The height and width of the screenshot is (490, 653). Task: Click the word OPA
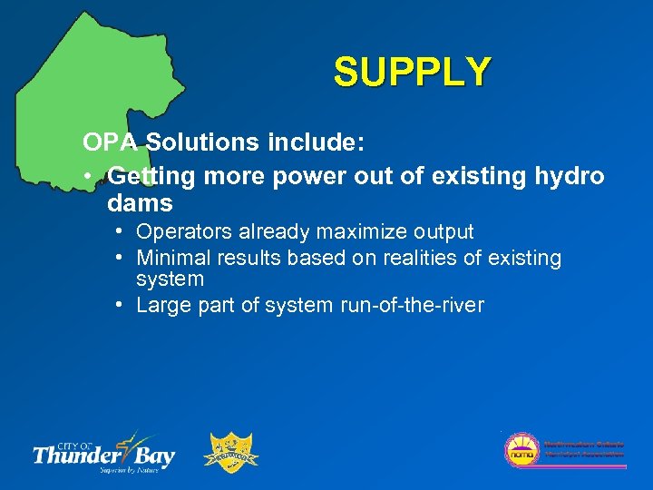(x=112, y=142)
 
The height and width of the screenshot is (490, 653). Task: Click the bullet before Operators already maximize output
(x=121, y=232)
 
